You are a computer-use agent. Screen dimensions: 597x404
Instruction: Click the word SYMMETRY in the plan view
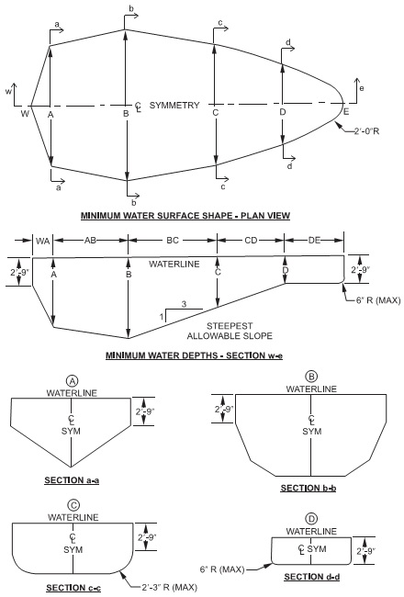click(x=174, y=106)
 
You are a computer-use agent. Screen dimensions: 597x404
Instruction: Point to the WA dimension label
click(x=42, y=240)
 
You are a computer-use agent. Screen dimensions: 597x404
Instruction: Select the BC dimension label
click(x=172, y=240)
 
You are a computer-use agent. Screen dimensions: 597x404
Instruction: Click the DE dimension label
click(x=315, y=240)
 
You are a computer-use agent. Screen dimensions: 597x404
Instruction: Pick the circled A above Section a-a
click(x=71, y=380)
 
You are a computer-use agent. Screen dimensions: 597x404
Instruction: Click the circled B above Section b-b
click(x=311, y=377)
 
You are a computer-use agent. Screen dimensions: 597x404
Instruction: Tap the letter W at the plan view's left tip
click(x=25, y=113)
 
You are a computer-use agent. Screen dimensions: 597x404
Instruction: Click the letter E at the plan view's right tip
click(x=346, y=112)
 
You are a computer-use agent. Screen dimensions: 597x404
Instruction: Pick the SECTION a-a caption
click(x=70, y=479)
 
